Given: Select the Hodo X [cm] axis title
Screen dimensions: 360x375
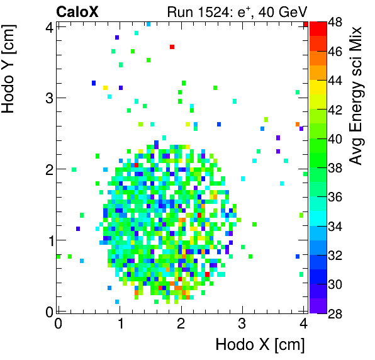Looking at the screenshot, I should pos(260,345).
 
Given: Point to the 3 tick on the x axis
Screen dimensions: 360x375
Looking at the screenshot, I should pos(242,323).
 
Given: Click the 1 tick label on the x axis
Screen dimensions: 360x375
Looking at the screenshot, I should pos(120,323).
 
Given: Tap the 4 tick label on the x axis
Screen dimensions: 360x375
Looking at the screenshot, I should pos(303,323).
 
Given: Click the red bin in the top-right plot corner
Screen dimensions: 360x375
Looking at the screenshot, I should pos(305,25).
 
